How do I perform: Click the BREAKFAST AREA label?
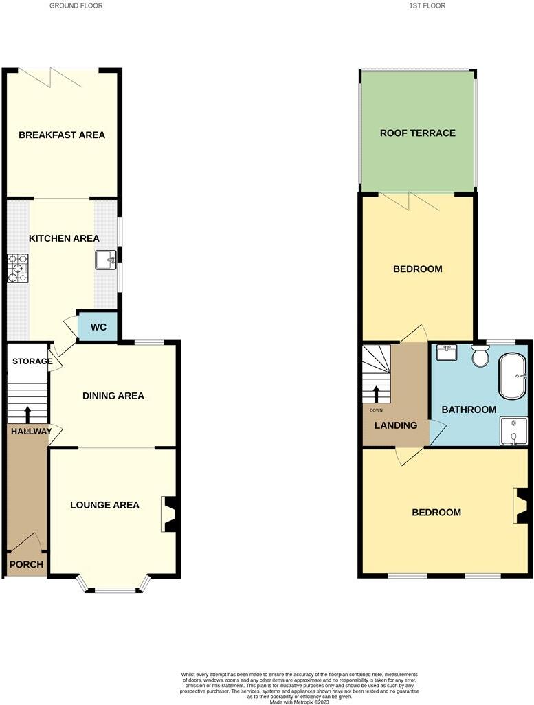(x=62, y=135)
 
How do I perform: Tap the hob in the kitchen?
(x=18, y=268)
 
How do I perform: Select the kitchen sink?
(x=105, y=260)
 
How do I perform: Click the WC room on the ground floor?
(x=98, y=327)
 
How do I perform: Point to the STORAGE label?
(x=32, y=361)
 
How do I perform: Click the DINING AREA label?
(x=113, y=396)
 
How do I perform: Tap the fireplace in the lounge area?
(x=170, y=514)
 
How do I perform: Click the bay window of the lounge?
(x=113, y=586)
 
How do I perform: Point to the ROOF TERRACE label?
(x=418, y=133)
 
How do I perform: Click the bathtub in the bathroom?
(x=512, y=377)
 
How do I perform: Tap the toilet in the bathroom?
(x=480, y=356)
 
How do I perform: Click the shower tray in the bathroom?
(x=513, y=431)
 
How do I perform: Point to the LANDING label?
(x=395, y=425)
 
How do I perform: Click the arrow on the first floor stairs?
(x=377, y=394)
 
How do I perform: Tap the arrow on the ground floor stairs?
(x=28, y=414)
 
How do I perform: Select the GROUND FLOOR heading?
(x=76, y=5)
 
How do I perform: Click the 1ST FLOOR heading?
(x=427, y=5)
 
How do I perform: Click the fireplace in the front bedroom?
(x=522, y=507)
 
